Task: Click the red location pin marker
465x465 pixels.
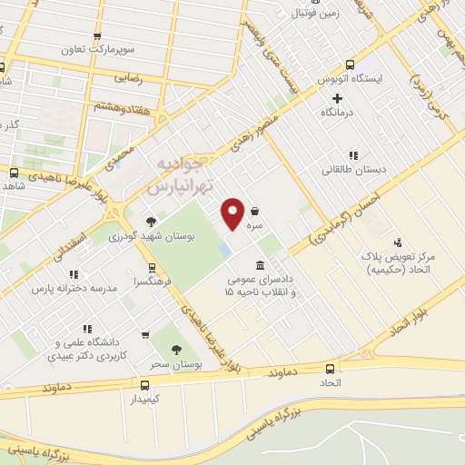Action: (232, 213)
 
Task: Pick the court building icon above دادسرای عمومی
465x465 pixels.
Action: (262, 265)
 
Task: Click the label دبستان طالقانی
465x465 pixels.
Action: (347, 170)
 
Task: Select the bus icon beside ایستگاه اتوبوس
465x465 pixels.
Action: (351, 64)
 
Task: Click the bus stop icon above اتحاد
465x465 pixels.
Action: (329, 369)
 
